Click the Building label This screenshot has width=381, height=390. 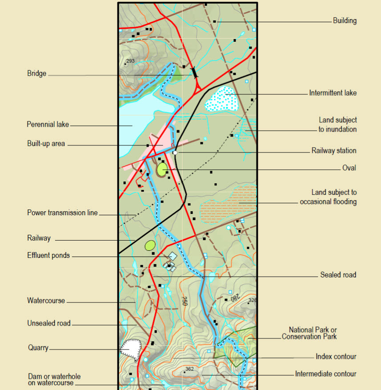(345, 20)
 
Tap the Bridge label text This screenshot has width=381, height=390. (36, 74)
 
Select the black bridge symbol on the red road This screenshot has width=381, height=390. (194, 72)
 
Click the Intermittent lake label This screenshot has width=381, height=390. (333, 93)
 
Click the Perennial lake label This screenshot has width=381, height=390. (48, 125)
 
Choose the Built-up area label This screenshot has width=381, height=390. (46, 144)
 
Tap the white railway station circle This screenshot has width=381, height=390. (175, 153)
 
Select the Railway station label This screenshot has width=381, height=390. (333, 151)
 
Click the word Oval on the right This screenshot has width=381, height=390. (349, 168)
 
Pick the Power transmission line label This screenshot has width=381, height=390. (62, 213)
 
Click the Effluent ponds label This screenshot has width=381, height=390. (48, 255)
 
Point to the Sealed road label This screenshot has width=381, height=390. (338, 275)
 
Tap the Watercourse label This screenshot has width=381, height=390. (46, 301)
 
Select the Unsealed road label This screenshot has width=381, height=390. (48, 323)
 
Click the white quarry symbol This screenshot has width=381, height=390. (131, 347)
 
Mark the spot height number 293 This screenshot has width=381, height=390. (130, 61)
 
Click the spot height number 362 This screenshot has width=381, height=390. (190, 369)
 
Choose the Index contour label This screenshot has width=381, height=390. (336, 357)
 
